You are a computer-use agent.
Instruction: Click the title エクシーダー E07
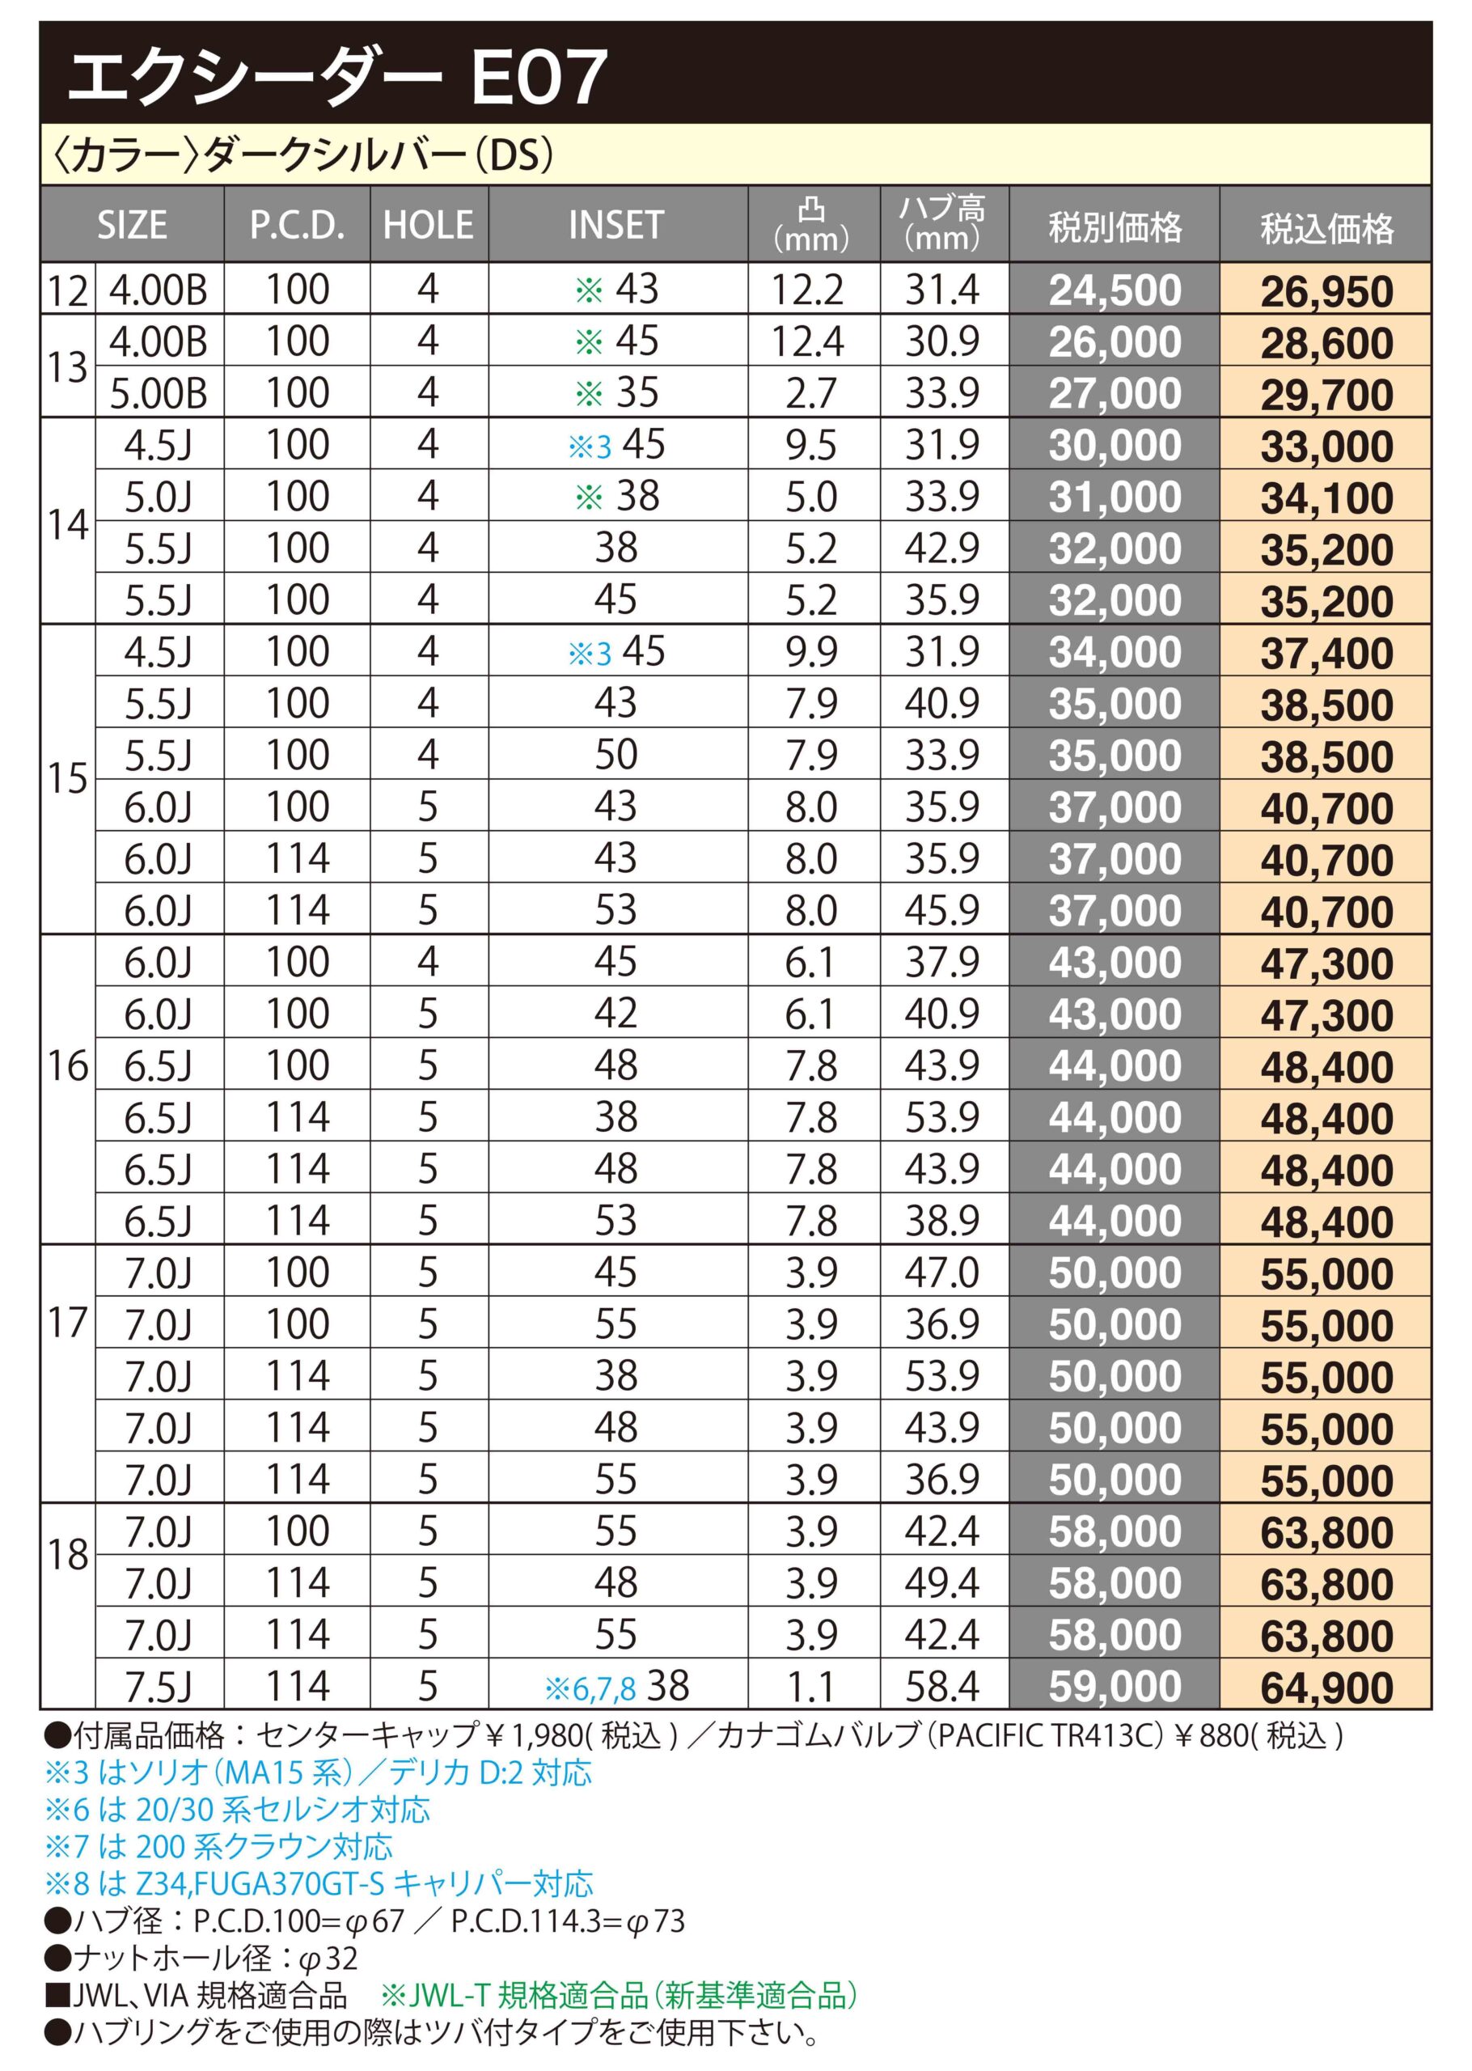coord(337,77)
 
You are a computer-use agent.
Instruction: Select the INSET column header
coord(616,225)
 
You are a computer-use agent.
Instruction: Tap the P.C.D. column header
coord(298,225)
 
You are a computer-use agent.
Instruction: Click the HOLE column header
coord(429,225)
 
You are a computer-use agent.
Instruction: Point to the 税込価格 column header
coord(1326,227)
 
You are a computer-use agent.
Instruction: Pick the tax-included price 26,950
coord(1326,291)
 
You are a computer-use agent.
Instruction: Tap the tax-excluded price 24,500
coord(1115,291)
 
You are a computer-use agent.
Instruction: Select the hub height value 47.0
coord(943,1273)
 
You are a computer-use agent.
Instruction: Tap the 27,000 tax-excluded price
coord(1115,393)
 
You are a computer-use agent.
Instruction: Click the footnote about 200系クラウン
coord(218,1846)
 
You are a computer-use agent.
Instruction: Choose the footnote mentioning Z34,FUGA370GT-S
coord(318,1883)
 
